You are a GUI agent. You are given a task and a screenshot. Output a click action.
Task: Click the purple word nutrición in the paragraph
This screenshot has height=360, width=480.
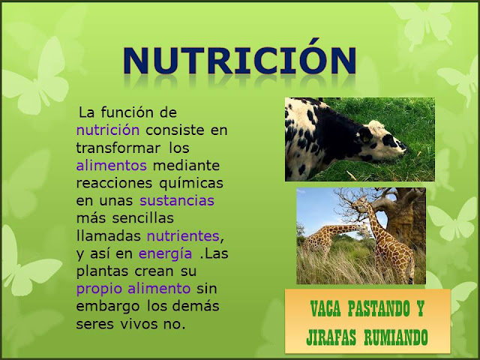point(108,130)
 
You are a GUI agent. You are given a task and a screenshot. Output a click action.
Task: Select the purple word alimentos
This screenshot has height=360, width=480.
point(112,166)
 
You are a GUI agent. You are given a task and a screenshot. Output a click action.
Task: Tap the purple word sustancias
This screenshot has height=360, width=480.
point(177,201)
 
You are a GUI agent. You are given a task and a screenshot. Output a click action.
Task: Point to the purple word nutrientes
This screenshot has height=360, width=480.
point(183,236)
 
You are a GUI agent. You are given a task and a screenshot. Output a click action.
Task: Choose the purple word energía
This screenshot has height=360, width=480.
point(165,254)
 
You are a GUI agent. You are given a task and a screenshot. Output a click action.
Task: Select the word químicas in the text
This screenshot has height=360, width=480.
point(191,184)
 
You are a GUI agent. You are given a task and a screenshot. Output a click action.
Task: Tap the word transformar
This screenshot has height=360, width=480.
point(118,148)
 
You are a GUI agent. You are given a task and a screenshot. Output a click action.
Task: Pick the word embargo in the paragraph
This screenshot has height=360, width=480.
point(108,307)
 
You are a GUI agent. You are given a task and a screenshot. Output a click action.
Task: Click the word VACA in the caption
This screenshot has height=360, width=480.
point(325,308)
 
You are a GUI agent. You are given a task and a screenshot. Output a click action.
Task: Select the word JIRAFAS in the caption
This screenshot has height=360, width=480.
point(331,337)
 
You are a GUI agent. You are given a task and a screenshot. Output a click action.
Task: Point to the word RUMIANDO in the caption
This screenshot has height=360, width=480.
point(396,337)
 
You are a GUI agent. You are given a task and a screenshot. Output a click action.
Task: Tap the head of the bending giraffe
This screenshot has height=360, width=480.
point(364,228)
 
